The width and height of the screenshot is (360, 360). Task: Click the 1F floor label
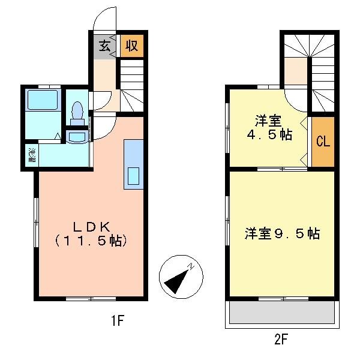tap(117, 321)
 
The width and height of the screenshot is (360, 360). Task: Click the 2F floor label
tap(281, 340)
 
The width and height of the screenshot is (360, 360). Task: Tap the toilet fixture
tap(77, 112)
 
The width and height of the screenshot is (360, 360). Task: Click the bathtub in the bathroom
tap(41, 100)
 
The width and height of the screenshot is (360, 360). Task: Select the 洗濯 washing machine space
tap(30, 155)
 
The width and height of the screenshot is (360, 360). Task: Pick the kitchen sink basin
tap(133, 176)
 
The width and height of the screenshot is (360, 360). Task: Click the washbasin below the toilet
tap(76, 137)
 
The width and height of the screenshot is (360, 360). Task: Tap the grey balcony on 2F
tap(281, 312)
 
